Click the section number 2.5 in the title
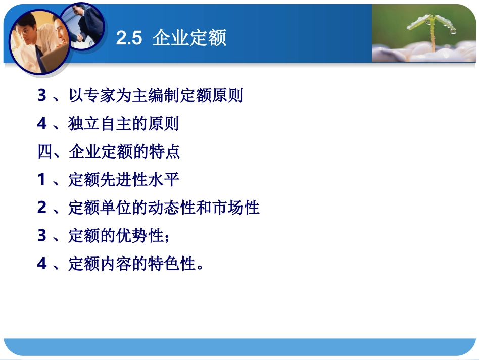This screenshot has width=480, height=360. pyautogui.click(x=129, y=38)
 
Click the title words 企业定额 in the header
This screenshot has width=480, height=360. pyautogui.click(x=189, y=38)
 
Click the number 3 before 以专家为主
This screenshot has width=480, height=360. pyautogui.click(x=42, y=96)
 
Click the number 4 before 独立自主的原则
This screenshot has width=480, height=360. pyautogui.click(x=42, y=124)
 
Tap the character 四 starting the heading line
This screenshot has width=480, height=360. pyautogui.click(x=45, y=151)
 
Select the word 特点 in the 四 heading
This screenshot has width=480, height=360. pyautogui.click(x=165, y=151)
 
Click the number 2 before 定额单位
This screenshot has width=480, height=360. pyautogui.click(x=42, y=207)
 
